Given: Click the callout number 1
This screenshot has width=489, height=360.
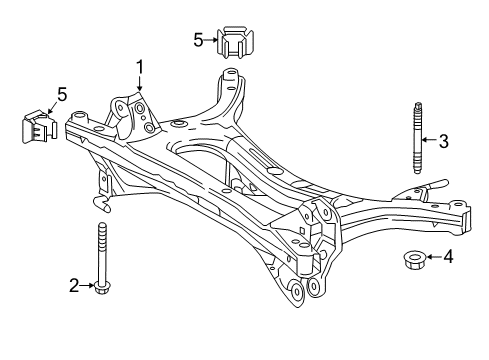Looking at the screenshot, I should (x=140, y=67).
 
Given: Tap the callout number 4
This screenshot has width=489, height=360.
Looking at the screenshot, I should (x=447, y=256).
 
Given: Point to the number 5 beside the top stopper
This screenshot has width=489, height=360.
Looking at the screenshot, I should (x=198, y=40).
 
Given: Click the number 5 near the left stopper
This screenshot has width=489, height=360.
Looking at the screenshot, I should (x=62, y=95).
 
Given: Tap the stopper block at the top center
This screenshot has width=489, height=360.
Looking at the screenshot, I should (x=236, y=43).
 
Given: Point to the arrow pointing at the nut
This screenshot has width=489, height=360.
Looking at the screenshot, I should (x=432, y=257).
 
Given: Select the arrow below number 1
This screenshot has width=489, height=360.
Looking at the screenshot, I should (x=140, y=84).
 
